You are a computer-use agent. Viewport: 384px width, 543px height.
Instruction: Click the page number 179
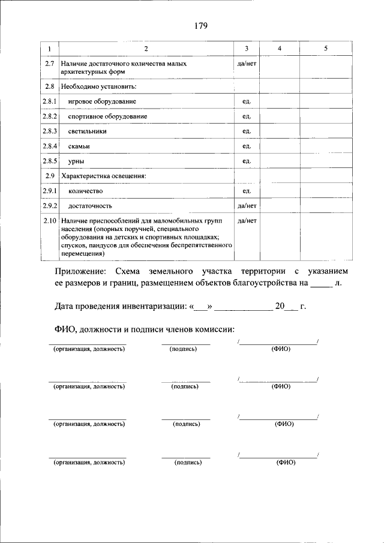pos(200,25)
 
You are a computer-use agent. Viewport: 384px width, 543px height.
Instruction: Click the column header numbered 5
pos(325,49)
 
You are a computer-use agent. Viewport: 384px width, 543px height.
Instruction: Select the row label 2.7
pos(51,63)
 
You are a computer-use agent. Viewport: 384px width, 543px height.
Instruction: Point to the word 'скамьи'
pos(80,146)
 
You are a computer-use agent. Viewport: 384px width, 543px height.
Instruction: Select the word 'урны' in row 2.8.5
pos(76,161)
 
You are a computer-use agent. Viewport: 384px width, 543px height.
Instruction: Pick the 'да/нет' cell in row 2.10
pos(247,221)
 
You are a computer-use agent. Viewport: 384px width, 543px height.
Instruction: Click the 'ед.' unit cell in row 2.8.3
pos(247,131)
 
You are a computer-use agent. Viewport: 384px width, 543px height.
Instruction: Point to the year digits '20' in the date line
pos(279,307)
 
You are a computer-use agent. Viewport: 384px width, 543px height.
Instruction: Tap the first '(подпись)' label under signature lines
pos(184,349)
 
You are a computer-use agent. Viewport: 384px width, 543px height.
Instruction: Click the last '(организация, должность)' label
pos(89,463)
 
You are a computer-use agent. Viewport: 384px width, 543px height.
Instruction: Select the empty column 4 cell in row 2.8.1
pos(279,101)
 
